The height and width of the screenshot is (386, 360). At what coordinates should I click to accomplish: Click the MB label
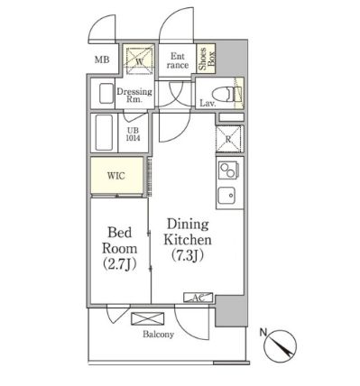click(x=102, y=60)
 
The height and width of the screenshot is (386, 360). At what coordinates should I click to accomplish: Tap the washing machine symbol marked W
click(x=139, y=60)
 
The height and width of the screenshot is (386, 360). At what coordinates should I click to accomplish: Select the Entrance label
click(x=177, y=60)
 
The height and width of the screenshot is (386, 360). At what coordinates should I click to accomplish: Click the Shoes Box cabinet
click(x=207, y=59)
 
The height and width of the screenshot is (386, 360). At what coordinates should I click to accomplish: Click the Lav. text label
click(x=208, y=104)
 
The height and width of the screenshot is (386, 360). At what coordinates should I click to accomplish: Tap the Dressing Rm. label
click(x=134, y=95)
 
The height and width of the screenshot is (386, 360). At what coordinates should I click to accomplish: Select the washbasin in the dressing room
click(x=106, y=93)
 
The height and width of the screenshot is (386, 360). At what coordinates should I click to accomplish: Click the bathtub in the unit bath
click(x=104, y=133)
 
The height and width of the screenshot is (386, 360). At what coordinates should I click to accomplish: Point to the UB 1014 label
click(x=134, y=134)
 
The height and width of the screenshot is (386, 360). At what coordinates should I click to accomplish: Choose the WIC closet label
click(x=116, y=176)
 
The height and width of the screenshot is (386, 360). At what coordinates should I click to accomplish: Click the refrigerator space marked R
click(x=228, y=139)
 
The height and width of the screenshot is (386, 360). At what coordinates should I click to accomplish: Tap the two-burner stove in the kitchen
click(x=228, y=170)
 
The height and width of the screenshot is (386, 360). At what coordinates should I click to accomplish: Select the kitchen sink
click(x=227, y=195)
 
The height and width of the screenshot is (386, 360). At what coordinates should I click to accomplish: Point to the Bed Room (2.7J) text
click(x=120, y=249)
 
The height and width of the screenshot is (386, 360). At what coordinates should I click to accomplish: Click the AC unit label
click(x=198, y=298)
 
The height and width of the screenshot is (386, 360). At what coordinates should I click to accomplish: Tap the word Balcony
click(x=158, y=335)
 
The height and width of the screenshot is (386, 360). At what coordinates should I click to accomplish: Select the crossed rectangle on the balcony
click(x=148, y=318)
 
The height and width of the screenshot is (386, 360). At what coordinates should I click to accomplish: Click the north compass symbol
click(x=280, y=345)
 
